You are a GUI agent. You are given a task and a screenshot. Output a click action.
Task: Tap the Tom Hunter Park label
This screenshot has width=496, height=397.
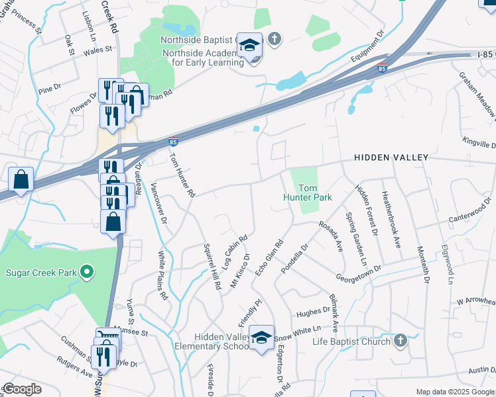coord(306,193)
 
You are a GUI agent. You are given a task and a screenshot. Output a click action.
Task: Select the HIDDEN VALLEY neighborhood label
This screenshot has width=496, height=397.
coord(391,157)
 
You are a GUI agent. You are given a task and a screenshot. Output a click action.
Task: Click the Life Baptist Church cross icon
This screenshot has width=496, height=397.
coord(399,341)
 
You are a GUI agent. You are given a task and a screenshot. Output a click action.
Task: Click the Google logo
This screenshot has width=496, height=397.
coord(22,389)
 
